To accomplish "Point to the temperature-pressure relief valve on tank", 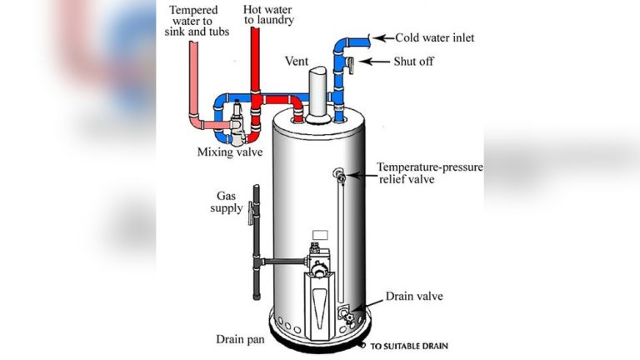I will click(x=340, y=175).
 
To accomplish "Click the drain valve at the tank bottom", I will click(x=345, y=313).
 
